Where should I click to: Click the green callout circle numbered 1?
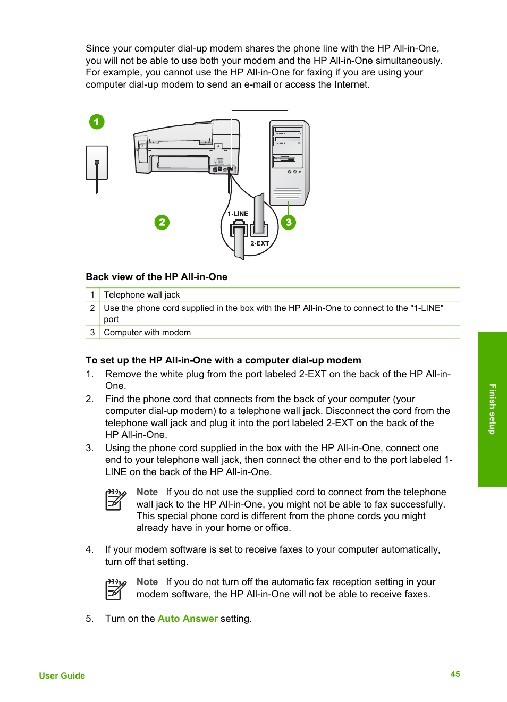point(96,122)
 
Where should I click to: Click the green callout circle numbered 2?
point(162,222)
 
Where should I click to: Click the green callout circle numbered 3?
point(289,222)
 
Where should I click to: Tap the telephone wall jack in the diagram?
point(97,163)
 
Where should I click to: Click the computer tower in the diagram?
point(289,163)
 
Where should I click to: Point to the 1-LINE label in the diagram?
point(238,214)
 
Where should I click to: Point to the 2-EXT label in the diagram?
point(260,243)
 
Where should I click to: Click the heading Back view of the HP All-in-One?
point(156,277)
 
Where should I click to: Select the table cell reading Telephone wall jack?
point(142,295)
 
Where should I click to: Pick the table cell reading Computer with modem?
point(147,333)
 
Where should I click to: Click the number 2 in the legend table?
point(92,308)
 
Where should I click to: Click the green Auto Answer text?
point(188,619)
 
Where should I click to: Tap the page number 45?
point(455,674)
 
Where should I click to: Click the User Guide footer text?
point(62,675)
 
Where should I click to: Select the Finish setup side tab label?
point(492,409)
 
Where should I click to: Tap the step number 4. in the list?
point(90,549)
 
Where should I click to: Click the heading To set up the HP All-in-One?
point(223,360)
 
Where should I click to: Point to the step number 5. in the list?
point(90,619)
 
